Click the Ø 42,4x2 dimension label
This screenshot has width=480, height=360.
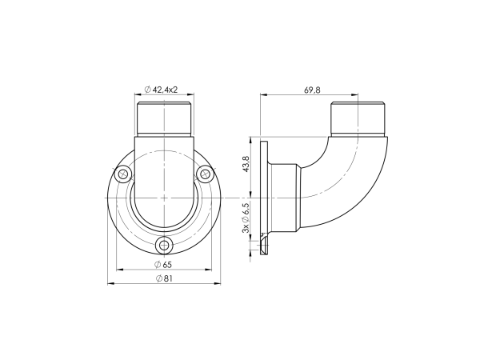[x=161, y=90]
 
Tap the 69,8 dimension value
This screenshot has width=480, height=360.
[x=312, y=90]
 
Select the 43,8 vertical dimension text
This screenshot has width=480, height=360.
[x=246, y=164]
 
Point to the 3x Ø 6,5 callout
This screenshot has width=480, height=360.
[x=246, y=217]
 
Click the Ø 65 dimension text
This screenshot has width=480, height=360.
[x=163, y=265]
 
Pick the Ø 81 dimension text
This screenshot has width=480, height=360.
[x=164, y=278]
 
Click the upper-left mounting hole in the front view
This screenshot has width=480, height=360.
[x=123, y=174]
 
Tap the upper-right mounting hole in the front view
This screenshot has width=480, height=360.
[x=205, y=174]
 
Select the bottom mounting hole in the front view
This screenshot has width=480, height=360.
[x=164, y=245]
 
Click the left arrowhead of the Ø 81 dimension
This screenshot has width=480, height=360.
[x=110, y=283]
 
